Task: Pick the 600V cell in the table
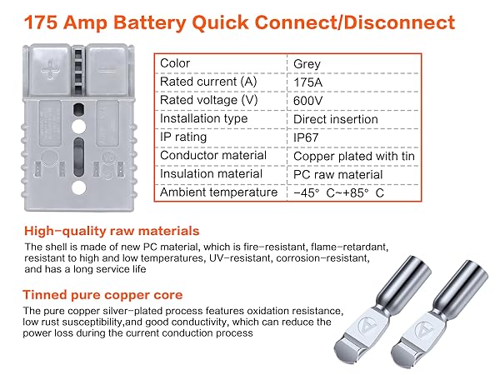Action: pos(308,100)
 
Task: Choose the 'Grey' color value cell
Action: pos(307,63)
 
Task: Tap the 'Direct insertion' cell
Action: pos(335,118)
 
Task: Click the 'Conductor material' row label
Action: pos(213,155)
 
